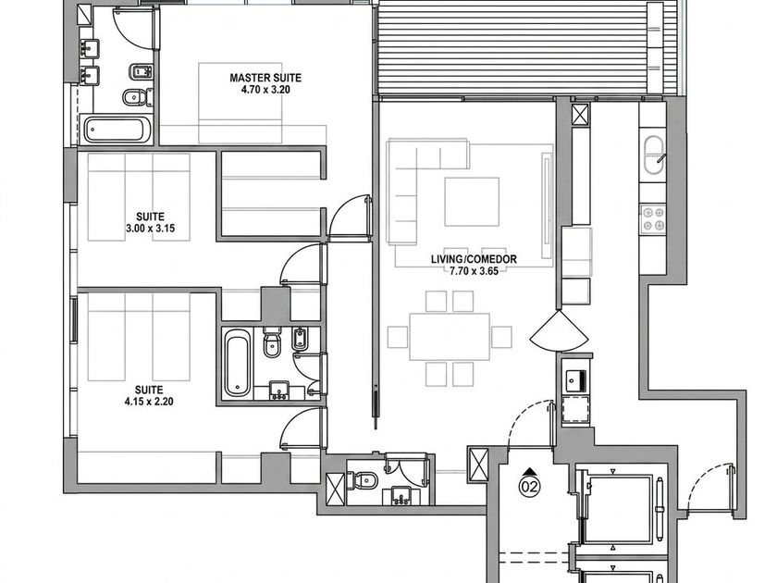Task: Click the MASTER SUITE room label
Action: [265, 78]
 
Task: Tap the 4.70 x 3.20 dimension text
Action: [265, 90]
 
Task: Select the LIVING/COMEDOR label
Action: [474, 259]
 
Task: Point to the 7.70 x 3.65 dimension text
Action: [474, 270]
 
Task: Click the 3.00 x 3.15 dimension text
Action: [150, 229]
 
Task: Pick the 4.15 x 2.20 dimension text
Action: [149, 402]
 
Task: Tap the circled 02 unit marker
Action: [530, 487]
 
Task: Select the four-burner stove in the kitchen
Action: [652, 219]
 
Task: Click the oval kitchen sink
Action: [654, 155]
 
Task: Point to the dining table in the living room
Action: [450, 337]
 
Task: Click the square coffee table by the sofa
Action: [472, 202]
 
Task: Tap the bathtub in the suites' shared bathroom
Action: [238, 363]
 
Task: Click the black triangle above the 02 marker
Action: [530, 471]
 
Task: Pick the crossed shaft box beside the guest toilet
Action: [336, 489]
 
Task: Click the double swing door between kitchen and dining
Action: [560, 330]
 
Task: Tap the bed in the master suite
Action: [240, 103]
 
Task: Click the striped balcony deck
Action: [512, 50]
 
